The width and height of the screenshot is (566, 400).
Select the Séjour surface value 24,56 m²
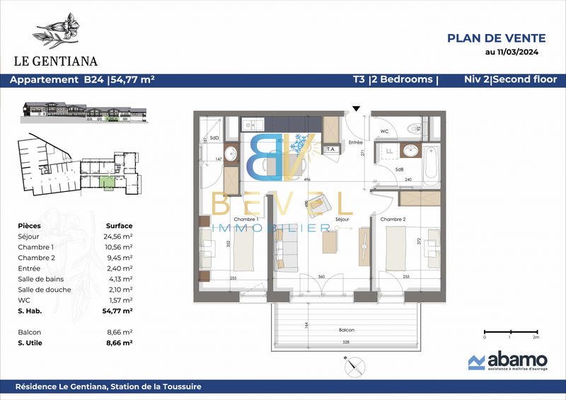pos(119,236)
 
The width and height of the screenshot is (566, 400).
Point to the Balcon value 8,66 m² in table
pos(118,331)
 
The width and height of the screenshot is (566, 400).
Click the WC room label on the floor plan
pos(384,132)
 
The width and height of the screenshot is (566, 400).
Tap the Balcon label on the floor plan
pos(345,331)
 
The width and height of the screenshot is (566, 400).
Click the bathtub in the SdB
pos(432,164)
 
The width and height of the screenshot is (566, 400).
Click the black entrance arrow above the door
pos(356,108)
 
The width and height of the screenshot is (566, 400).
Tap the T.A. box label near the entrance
pos(330,149)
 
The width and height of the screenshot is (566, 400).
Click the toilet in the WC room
pos(415,127)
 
